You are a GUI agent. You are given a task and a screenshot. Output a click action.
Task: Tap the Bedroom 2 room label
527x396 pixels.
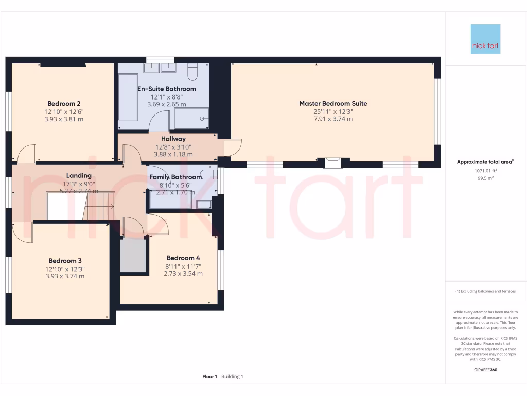click(64, 103)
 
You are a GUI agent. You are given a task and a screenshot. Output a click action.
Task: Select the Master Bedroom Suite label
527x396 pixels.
click(333, 103)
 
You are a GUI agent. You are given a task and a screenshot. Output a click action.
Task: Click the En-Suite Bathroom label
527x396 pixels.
click(166, 89)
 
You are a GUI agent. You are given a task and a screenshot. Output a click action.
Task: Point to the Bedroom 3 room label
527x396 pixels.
click(65, 261)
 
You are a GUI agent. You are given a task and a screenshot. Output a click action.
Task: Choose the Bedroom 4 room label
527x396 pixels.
click(183, 258)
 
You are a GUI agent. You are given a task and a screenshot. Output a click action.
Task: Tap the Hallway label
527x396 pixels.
click(173, 139)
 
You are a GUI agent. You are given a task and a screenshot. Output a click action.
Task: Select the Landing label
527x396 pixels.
click(79, 176)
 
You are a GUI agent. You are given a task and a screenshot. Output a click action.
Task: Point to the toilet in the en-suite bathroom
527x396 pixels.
click(192, 72)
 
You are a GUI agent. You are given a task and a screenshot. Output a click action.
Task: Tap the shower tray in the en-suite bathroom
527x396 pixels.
click(192, 118)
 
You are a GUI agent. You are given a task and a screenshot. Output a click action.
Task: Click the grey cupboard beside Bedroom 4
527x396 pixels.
click(133, 255)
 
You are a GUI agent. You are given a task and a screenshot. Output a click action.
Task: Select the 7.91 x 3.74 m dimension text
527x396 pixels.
click(333, 119)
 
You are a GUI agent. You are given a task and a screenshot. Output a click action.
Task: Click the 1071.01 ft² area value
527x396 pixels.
click(485, 170)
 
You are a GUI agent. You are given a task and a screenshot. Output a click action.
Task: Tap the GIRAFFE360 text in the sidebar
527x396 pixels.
click(485, 370)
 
